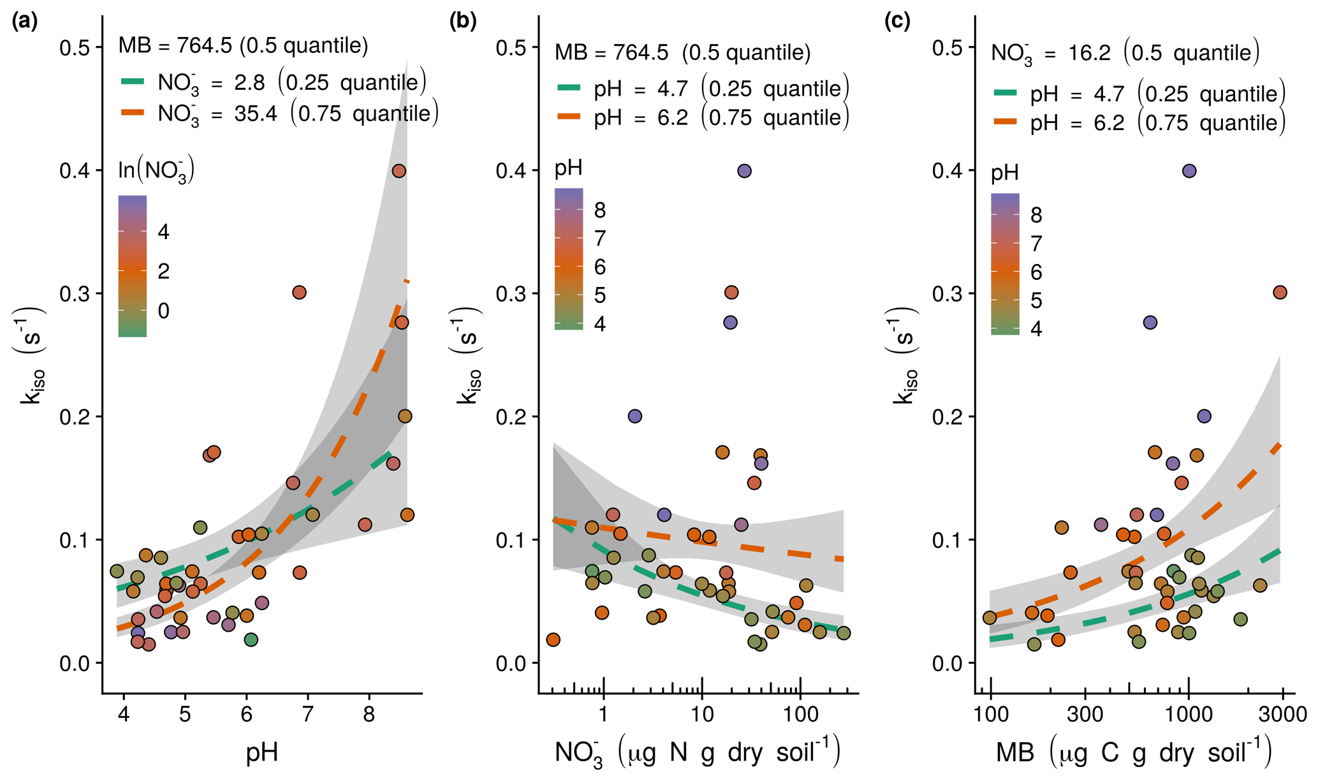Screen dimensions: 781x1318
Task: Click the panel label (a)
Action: pos(25,22)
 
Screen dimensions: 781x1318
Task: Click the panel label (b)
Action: pos(463,22)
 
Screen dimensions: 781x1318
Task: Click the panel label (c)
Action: pos(897,22)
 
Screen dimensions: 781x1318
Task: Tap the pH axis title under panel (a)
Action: pos(262,752)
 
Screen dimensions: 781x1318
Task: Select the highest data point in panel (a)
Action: pos(399,171)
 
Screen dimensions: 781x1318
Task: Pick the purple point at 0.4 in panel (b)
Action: pos(744,171)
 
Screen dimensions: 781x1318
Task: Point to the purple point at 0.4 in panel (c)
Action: pos(1189,171)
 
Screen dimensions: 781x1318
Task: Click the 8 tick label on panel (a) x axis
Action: pos(369,714)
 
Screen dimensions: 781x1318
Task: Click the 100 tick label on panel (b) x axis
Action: pos(800,714)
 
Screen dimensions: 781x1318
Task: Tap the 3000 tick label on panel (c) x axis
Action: pos(1282,714)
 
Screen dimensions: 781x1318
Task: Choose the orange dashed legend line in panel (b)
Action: pos(569,117)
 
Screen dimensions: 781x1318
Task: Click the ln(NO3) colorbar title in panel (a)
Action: pos(156,170)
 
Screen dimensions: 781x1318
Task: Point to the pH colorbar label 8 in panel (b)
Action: pos(599,210)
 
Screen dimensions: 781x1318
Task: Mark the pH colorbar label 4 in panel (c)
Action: pos(1036,329)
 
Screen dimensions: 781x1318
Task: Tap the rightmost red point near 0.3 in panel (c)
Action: pos(1280,293)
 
